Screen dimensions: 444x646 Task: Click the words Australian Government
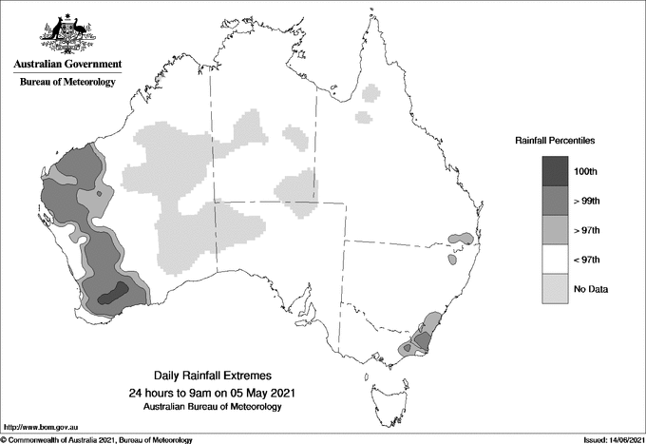67,65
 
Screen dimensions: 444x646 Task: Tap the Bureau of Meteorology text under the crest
67,83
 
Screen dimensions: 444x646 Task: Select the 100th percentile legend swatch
557,171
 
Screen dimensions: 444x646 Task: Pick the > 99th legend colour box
557,201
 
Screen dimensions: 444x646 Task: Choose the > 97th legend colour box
557,230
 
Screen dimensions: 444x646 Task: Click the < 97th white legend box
557,260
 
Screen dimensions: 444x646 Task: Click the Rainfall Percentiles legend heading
555,141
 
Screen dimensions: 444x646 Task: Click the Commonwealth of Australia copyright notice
99,439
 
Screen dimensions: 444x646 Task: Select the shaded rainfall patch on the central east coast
462,237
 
